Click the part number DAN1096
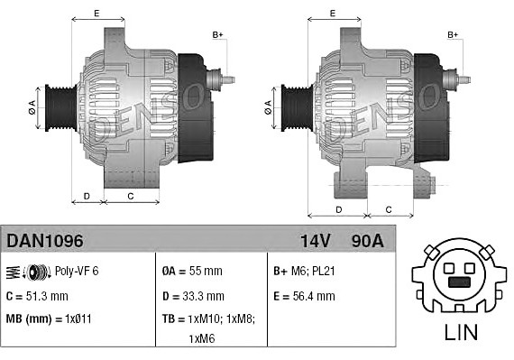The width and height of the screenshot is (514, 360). click(x=45, y=241)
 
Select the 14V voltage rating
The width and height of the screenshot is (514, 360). click(x=316, y=241)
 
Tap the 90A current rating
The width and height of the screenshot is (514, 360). click(x=366, y=241)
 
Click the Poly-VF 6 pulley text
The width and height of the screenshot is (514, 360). click(x=76, y=271)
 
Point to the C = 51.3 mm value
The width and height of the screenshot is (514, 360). click(x=38, y=295)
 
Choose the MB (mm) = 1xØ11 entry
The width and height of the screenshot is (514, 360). click(x=50, y=318)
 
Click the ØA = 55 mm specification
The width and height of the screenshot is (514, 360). click(x=191, y=271)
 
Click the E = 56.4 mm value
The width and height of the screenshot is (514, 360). click(x=304, y=295)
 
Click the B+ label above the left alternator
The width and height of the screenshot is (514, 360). click(x=217, y=34)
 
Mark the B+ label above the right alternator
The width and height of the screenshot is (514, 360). click(x=454, y=34)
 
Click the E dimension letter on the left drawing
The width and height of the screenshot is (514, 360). click(x=96, y=14)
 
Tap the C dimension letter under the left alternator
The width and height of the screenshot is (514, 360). click(x=130, y=195)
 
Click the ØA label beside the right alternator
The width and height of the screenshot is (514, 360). click(x=268, y=106)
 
